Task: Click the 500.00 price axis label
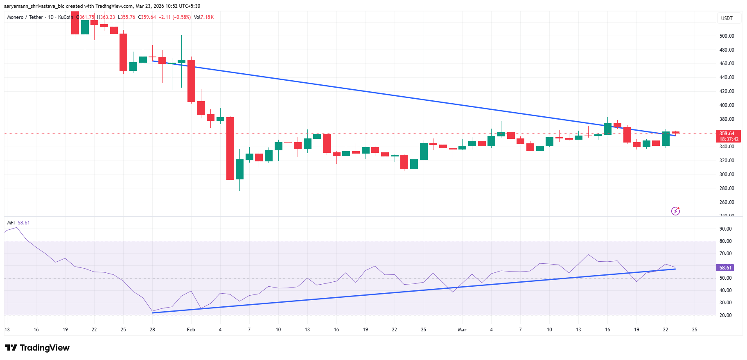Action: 727,36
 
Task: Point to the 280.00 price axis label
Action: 727,188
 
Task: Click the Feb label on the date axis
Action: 191,330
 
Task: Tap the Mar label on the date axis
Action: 462,330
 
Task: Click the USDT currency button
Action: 727,18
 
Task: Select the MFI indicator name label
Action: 11,223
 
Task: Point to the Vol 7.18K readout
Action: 204,17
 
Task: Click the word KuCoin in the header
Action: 65,17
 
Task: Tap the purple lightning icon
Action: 675,211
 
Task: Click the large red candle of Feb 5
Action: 230,148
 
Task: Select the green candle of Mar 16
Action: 607,129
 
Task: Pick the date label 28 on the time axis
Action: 152,330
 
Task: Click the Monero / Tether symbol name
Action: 25,17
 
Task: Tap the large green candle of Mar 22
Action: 666,138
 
